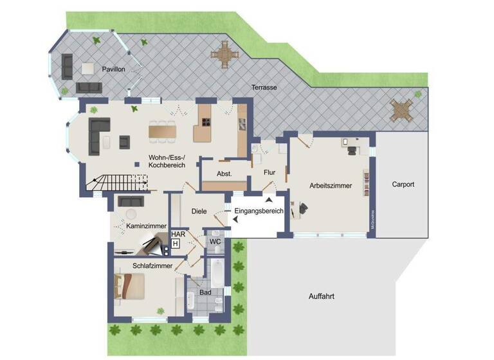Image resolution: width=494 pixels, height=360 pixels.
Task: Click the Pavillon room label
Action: (x=113, y=69)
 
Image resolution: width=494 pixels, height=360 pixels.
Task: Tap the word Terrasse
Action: (x=264, y=87)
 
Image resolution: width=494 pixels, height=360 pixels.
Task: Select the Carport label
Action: (x=403, y=184)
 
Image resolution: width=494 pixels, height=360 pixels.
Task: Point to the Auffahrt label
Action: (x=321, y=296)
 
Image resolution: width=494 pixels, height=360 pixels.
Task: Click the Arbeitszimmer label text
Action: (x=331, y=186)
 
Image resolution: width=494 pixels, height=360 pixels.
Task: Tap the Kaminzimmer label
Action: (x=147, y=226)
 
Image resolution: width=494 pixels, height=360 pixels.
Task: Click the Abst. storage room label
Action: (x=224, y=174)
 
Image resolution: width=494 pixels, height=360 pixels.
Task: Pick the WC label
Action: (x=215, y=242)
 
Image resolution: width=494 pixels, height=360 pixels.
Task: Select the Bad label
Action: (x=205, y=293)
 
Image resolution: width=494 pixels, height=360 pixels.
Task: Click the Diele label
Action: (x=199, y=211)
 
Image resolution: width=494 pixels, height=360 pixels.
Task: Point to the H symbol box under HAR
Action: (x=175, y=244)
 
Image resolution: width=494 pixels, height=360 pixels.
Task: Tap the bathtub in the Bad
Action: (x=217, y=273)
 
